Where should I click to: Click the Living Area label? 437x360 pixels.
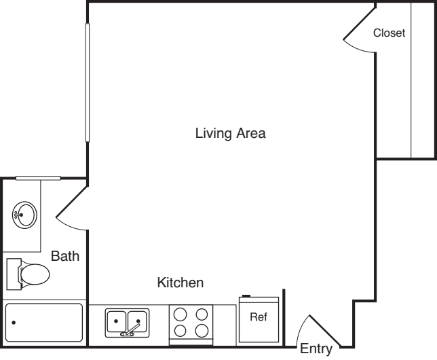point(230,133)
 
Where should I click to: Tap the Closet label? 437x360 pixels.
point(389,33)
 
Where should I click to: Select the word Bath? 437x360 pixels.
point(65,256)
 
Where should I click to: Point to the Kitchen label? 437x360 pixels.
point(180,282)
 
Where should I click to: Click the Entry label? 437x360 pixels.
point(316,350)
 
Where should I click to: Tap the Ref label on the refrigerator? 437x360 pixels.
point(259,317)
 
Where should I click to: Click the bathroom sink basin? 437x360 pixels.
point(25,215)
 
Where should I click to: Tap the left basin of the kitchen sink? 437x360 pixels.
point(117,319)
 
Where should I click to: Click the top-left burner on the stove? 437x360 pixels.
point(180,314)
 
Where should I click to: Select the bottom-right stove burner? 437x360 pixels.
point(202,331)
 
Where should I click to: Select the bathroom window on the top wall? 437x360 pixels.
point(38,178)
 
